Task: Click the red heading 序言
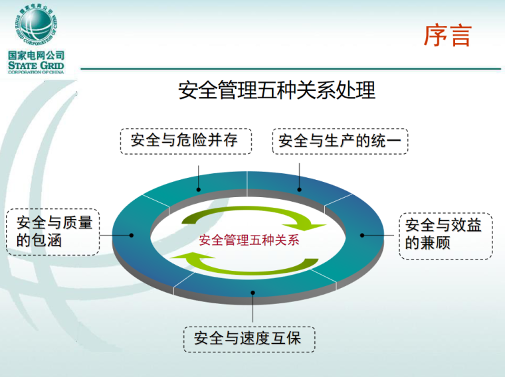[447, 36]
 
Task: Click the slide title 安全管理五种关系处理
[276, 90]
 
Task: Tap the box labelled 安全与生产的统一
[340, 141]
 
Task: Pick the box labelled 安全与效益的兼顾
[445, 234]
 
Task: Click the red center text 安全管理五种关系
[249, 240]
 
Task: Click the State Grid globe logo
[37, 25]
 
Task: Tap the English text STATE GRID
[37, 66]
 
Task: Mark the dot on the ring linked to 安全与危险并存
[199, 189]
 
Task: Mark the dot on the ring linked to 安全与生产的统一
[300, 189]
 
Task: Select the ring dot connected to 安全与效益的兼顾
[363, 234]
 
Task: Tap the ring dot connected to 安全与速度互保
[252, 292]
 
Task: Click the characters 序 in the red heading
[435, 36]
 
